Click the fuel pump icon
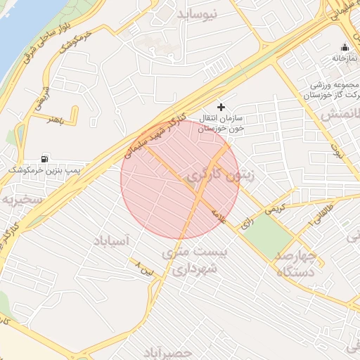[46, 159]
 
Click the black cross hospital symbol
[222, 108]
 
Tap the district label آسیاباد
[111, 241]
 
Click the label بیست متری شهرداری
[189, 259]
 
